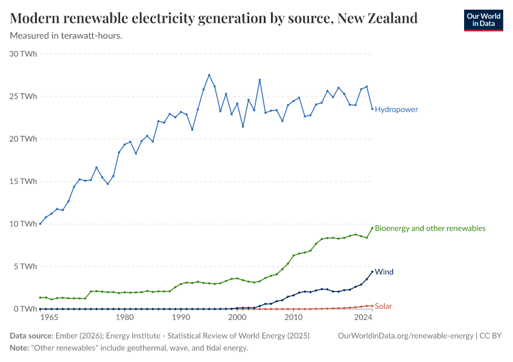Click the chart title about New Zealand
[214, 18]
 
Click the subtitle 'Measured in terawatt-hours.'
[66, 36]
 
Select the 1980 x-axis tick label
[124, 317]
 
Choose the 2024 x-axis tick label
[363, 317]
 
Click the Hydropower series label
[396, 110]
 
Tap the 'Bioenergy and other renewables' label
[430, 228]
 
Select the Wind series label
[384, 272]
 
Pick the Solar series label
[383, 306]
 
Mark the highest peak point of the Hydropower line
[209, 75]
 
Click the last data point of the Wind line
[372, 271]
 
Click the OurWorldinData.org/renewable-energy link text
[406, 336]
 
